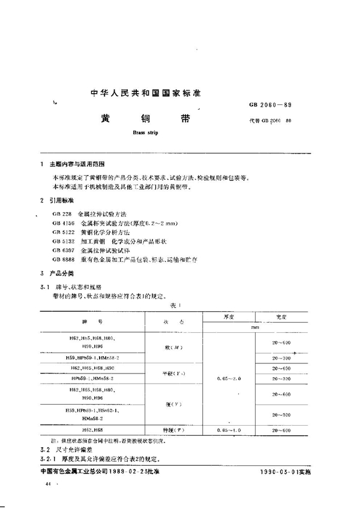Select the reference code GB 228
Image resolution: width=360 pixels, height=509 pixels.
tap(62, 214)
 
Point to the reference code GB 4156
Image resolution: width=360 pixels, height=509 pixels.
tap(63, 222)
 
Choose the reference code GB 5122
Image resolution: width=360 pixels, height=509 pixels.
tap(63, 231)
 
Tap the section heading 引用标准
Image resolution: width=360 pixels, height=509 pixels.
tap(64, 201)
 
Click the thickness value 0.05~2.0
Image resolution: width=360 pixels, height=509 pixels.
tap(226, 379)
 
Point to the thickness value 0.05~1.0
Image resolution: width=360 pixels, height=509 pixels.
tap(226, 430)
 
